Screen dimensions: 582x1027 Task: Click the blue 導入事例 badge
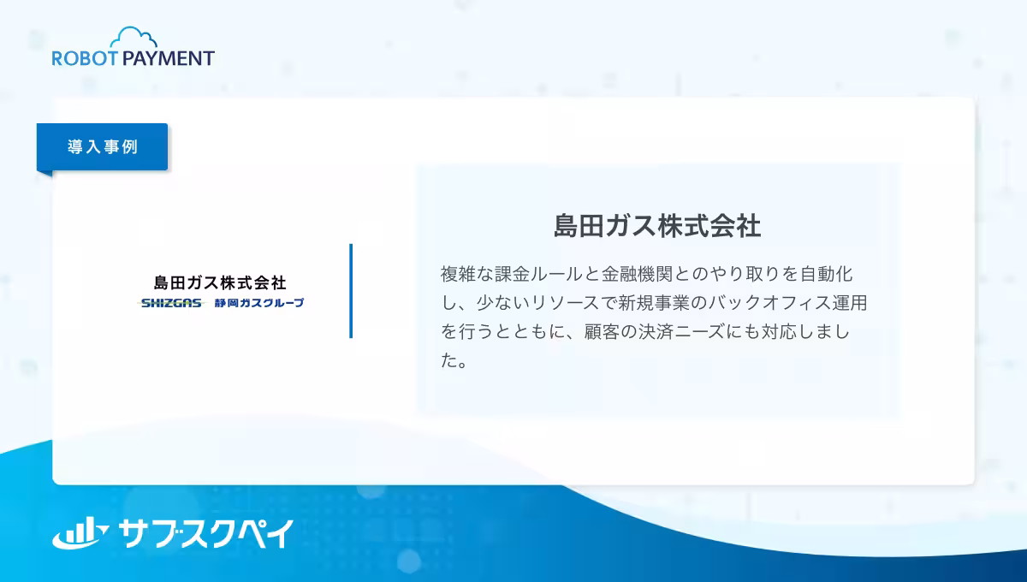point(103,146)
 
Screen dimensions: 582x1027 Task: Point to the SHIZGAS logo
point(171,303)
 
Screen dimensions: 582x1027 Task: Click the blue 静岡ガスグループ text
point(258,303)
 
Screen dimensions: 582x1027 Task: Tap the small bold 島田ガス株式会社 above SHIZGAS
point(220,282)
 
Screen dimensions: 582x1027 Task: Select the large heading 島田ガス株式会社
point(656,226)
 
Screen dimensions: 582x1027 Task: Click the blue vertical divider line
point(351,291)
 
